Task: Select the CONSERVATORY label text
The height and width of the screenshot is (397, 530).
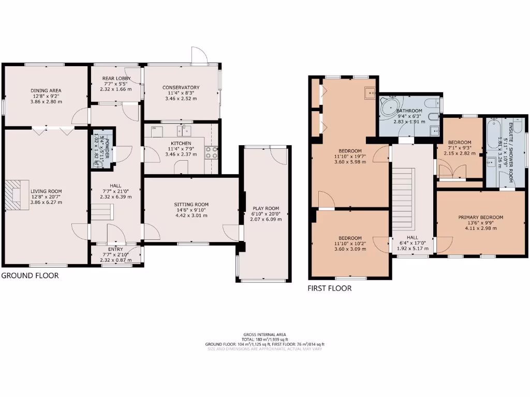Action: coord(181,87)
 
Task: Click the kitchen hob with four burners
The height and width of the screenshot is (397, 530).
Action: coord(212,152)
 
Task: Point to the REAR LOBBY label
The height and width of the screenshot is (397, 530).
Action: coord(116,79)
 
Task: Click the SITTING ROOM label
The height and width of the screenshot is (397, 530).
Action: coord(191,205)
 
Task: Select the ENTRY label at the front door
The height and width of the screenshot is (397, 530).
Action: coord(116,249)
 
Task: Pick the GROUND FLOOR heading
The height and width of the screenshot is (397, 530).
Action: coord(30,276)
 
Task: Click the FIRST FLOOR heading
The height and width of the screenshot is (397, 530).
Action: coord(329,288)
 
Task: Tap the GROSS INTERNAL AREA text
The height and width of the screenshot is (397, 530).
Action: coord(264,334)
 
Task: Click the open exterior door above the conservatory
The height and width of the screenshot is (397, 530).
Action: coord(199,55)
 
